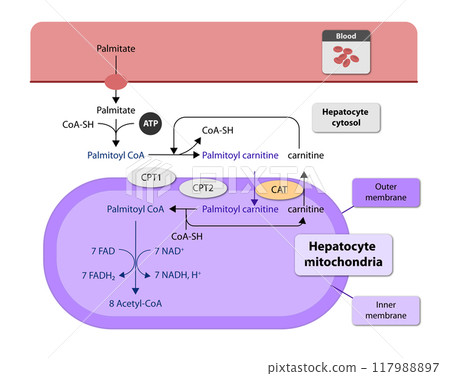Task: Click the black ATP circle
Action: [x=150, y=123]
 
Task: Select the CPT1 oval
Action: [x=147, y=176]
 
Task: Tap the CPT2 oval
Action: [x=203, y=187]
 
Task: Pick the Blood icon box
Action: [x=345, y=51]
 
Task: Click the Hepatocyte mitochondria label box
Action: [x=342, y=255]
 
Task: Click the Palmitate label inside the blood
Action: [x=116, y=48]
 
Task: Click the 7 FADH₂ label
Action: [x=99, y=275]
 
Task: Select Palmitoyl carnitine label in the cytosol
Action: [x=240, y=156]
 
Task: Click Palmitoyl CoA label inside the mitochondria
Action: [x=135, y=210]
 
